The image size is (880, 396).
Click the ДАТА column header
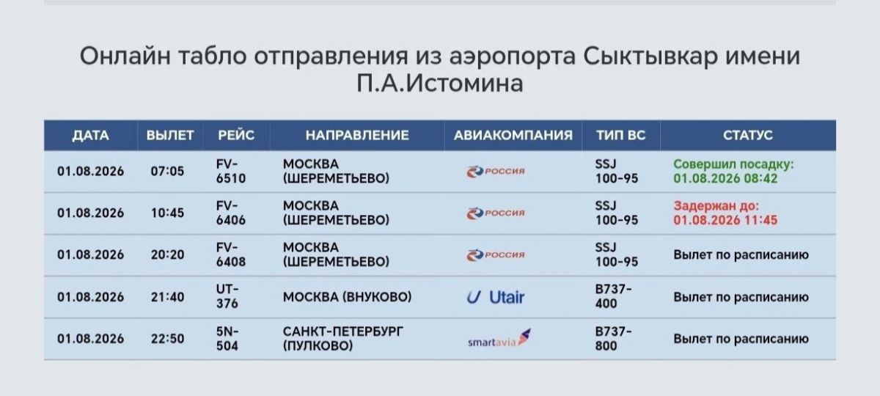(x=90, y=136)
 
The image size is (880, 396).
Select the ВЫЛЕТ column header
(x=170, y=136)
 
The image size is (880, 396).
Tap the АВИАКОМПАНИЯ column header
(x=513, y=136)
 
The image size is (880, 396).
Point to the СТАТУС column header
(x=748, y=136)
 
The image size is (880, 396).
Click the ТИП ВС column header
(x=620, y=136)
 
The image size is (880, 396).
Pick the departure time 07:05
(x=167, y=172)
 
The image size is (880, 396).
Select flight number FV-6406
(x=230, y=213)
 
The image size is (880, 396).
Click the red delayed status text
(x=725, y=213)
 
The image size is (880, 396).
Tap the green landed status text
(x=733, y=172)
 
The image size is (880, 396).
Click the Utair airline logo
(x=496, y=298)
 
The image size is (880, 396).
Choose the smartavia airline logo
(x=499, y=339)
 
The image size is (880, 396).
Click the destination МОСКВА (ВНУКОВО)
(x=348, y=297)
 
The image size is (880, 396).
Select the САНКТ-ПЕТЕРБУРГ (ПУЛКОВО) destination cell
(x=343, y=339)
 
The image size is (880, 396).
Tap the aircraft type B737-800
(x=613, y=339)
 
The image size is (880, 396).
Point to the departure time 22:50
(x=167, y=339)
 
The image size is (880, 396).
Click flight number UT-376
(x=227, y=296)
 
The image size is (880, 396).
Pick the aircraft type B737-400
(x=613, y=296)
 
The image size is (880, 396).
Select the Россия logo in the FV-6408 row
(x=496, y=255)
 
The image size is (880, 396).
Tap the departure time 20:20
(x=167, y=255)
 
